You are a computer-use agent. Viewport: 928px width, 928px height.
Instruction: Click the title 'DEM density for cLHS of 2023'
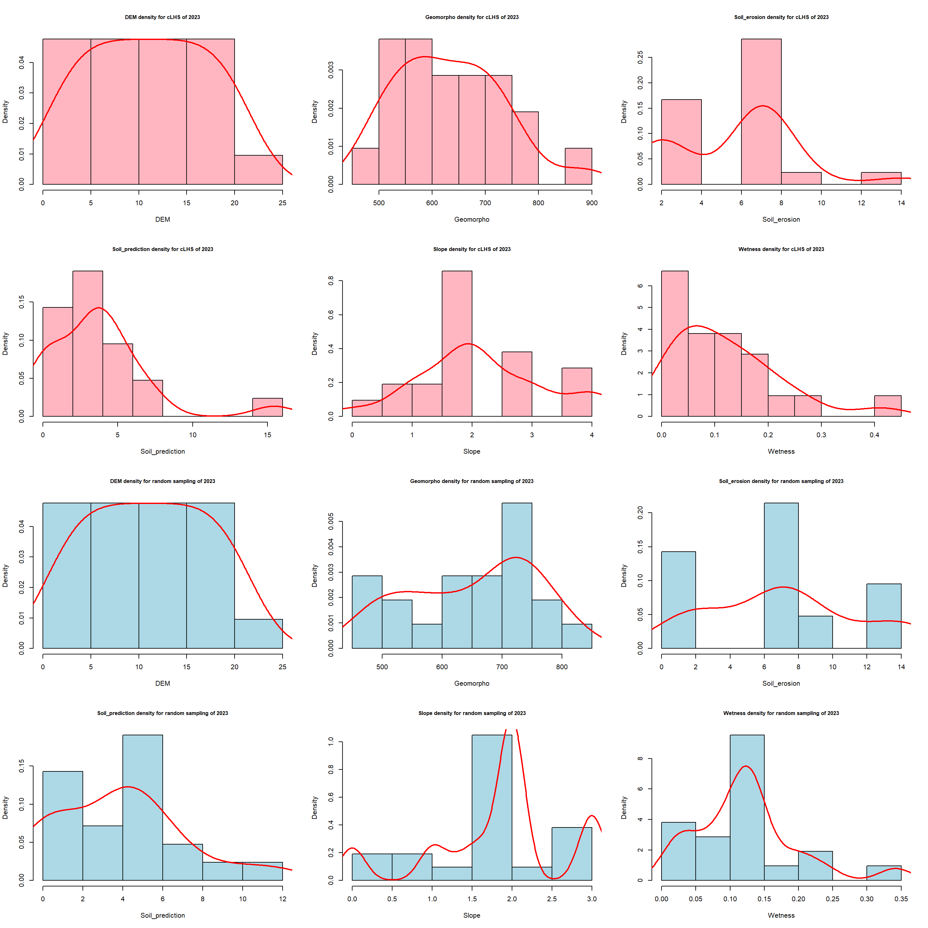pos(162,17)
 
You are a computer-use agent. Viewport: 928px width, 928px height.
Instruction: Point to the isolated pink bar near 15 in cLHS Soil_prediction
pos(267,407)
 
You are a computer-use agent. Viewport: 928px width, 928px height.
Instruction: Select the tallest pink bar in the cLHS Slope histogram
pos(457,343)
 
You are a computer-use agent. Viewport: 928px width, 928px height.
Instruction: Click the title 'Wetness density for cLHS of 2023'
pos(781,249)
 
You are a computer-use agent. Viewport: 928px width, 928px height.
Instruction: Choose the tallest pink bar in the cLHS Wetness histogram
pos(674,343)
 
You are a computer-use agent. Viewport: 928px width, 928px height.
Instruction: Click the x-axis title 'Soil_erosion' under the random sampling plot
pos(781,683)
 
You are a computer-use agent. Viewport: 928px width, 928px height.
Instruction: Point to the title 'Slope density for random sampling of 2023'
pos(472,713)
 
